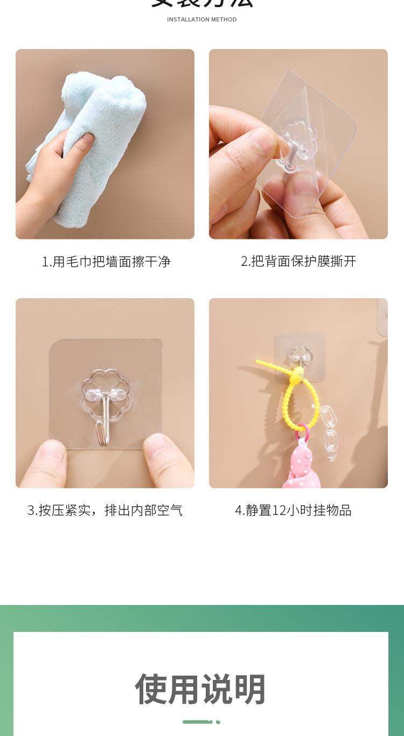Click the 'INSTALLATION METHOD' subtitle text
[201, 19]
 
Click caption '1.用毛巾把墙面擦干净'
[106, 262]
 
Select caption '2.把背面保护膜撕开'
[298, 262]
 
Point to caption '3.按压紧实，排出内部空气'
[105, 510]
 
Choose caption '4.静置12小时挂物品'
[293, 510]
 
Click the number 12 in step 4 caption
[279, 510]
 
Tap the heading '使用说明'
[201, 689]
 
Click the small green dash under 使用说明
[197, 721]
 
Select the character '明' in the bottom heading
[250, 689]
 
